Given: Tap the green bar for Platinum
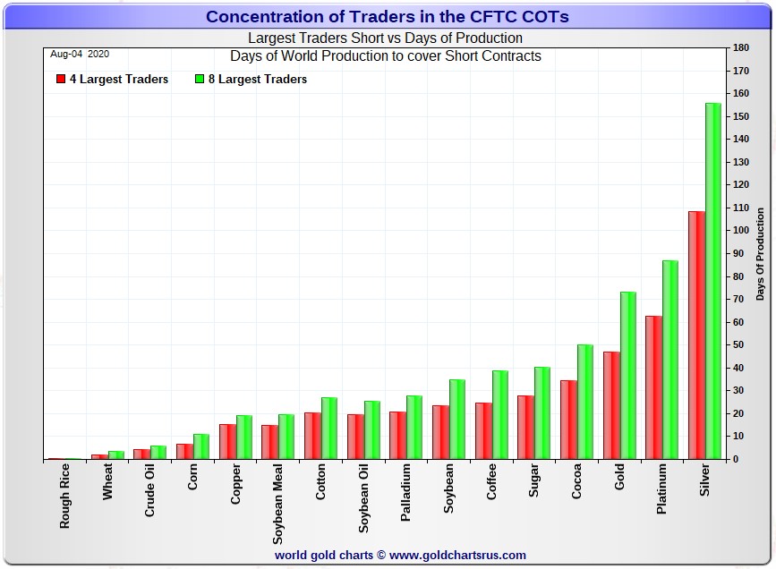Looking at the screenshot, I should point(670,359).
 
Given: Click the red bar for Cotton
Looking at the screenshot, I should point(312,436).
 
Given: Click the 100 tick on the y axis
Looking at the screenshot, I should point(740,230).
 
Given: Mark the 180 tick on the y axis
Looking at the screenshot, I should point(740,47).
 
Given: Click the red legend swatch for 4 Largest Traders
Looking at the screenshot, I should point(60,80).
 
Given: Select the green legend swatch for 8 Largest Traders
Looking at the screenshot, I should point(200,80).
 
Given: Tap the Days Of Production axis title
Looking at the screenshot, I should point(760,253).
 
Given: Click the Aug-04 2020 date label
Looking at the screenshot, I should point(80,54).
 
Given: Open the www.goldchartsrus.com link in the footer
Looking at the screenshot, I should point(457,555).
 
